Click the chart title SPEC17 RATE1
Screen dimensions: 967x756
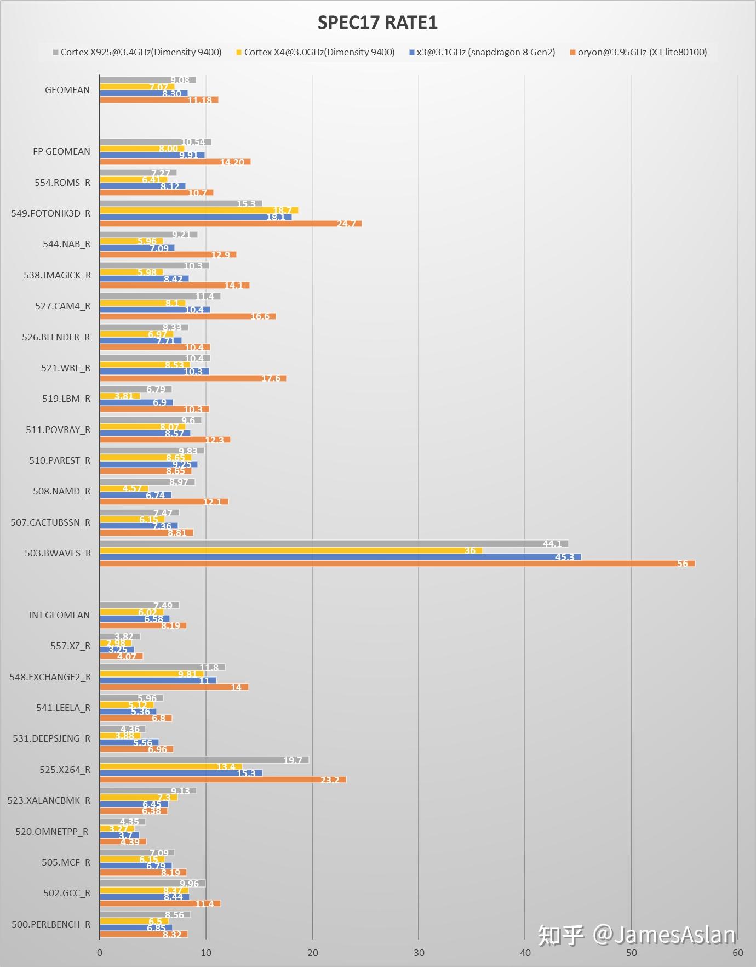click(377, 22)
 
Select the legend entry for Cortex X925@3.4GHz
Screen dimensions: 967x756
click(141, 52)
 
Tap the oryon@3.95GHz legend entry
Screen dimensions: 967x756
click(642, 52)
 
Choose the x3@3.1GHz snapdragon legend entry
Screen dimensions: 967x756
click(485, 52)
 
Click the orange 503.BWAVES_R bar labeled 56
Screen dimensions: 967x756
click(397, 564)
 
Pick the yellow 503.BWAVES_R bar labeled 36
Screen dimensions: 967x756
click(291, 550)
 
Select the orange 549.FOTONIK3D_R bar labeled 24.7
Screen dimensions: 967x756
click(231, 224)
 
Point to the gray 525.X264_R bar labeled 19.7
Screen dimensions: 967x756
click(204, 760)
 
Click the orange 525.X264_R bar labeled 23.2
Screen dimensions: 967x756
click(223, 780)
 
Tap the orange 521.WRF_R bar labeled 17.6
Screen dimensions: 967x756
click(193, 378)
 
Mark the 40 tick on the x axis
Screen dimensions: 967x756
click(525, 953)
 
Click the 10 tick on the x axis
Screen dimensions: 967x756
click(206, 953)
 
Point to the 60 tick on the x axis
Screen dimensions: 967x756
click(737, 953)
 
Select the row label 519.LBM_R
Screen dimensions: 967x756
click(66, 399)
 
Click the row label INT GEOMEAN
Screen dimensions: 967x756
click(59, 615)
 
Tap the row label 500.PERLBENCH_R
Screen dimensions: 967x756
click(51, 924)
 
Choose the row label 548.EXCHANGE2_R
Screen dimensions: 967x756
click(50, 677)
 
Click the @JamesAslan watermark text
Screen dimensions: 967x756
click(663, 935)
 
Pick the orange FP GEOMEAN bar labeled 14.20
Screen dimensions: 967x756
click(175, 162)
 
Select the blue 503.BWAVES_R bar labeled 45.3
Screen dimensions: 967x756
click(340, 557)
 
